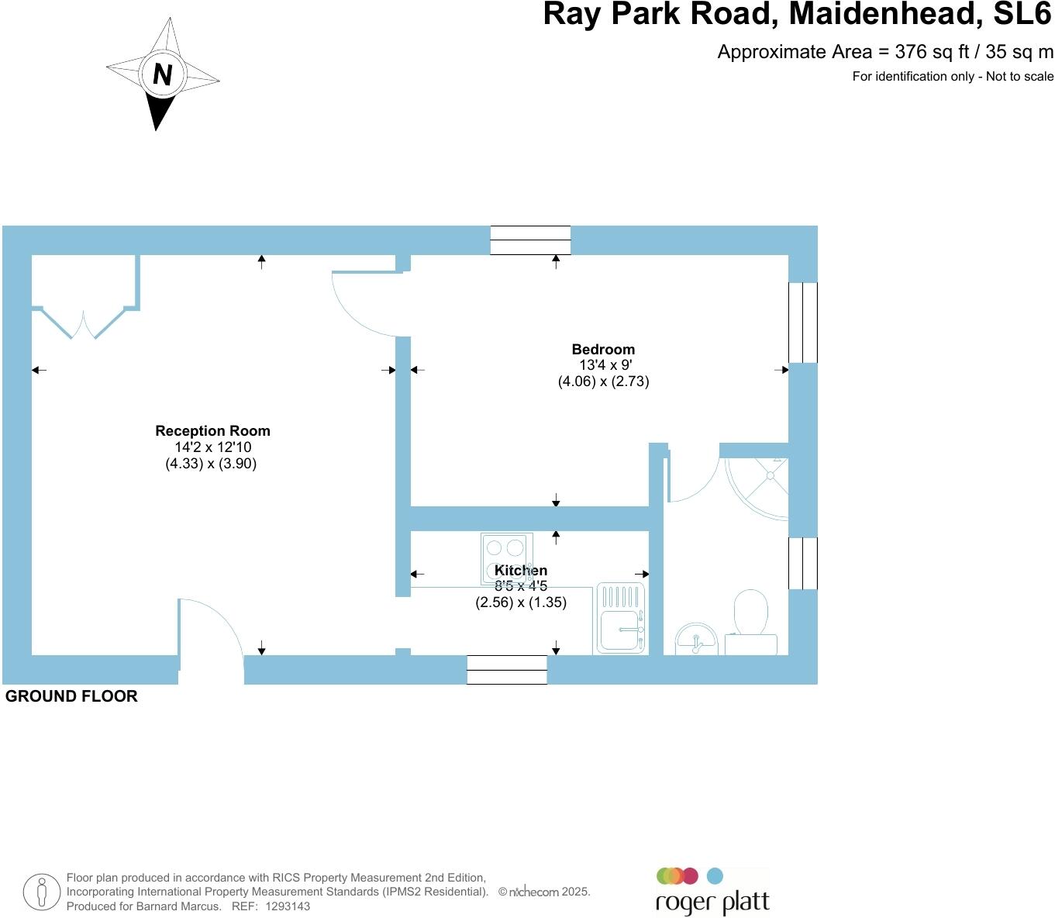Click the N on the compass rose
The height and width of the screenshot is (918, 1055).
pos(163,74)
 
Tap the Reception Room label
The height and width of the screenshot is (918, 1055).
pos(212,430)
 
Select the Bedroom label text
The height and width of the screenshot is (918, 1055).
pos(603,349)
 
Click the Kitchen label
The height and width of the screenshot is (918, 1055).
pos(521,571)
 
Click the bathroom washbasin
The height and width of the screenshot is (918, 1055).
pos(696,639)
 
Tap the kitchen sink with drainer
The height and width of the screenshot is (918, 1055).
pos(621,619)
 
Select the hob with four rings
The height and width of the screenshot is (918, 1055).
pos(507,559)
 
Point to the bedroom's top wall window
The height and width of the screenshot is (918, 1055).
pos(530,240)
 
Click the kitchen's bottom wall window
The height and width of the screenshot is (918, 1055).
pos(507,670)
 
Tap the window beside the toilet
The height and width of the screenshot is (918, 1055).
pos(803,563)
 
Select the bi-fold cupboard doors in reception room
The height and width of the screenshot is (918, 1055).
pos(83,323)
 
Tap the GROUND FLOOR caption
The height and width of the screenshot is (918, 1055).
pos(71,695)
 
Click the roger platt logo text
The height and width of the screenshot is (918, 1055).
pos(712,902)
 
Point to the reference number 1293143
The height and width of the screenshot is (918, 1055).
pos(288,906)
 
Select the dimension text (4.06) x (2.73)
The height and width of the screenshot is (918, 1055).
pos(603,381)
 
